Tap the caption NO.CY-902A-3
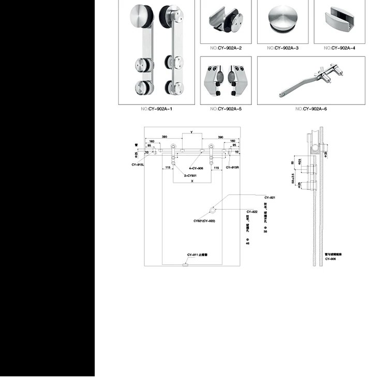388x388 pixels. tap(282, 48)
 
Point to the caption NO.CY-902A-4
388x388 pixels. tap(339, 48)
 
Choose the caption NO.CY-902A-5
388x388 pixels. tap(226, 109)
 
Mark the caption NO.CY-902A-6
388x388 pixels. tap(311, 109)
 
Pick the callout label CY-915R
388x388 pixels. tap(232, 168)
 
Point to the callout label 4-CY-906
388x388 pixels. tap(197, 168)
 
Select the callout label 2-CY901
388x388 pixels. tap(192, 176)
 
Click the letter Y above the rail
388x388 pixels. tap(191, 133)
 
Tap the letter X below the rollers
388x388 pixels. tap(191, 182)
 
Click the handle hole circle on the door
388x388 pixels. tap(213, 210)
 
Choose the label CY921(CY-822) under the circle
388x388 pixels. tap(204, 221)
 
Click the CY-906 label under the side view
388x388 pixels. tap(331, 259)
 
